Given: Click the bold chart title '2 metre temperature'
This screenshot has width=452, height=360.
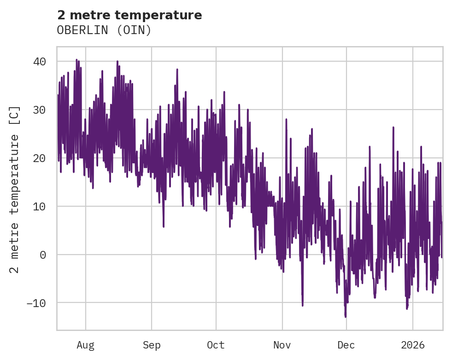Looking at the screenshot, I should click(129, 15).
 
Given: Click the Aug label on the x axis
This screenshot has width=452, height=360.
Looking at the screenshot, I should click(85, 345).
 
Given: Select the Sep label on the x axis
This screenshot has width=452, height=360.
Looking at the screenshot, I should click(152, 345).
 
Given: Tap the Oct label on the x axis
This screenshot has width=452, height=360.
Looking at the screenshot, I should click(216, 345).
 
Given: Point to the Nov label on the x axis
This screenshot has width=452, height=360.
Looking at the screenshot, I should click(282, 345).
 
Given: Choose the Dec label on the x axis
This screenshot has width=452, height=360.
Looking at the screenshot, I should click(346, 345).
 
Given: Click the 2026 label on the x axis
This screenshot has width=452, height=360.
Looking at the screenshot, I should click(413, 345).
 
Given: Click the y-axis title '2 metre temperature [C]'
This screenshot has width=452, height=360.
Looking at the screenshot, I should click(15, 189).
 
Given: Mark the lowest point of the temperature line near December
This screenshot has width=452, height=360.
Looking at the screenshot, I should click(345, 317).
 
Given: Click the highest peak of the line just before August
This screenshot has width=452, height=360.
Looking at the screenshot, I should click(76, 60).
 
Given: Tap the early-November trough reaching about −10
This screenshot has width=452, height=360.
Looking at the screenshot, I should click(302, 305).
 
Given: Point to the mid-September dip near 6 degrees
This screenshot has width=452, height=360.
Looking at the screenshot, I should click(164, 226).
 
